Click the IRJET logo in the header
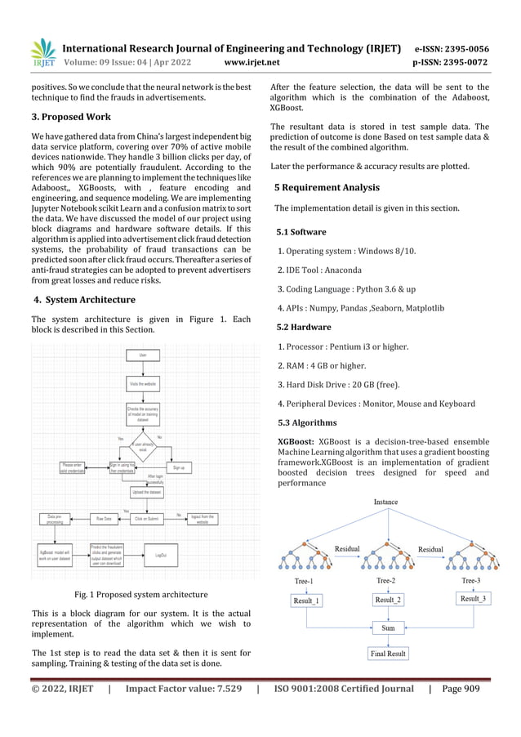click(42, 51)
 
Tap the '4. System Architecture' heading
click(83, 300)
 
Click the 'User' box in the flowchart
click(143, 355)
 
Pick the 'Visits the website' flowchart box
click(143, 383)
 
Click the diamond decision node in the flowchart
click(143, 446)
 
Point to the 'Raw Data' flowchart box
click(104, 518)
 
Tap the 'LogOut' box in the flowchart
click(161, 555)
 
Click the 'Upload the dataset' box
click(145, 493)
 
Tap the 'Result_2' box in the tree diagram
click(389, 600)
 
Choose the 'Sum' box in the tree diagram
click(389, 629)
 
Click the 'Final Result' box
click(388, 654)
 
